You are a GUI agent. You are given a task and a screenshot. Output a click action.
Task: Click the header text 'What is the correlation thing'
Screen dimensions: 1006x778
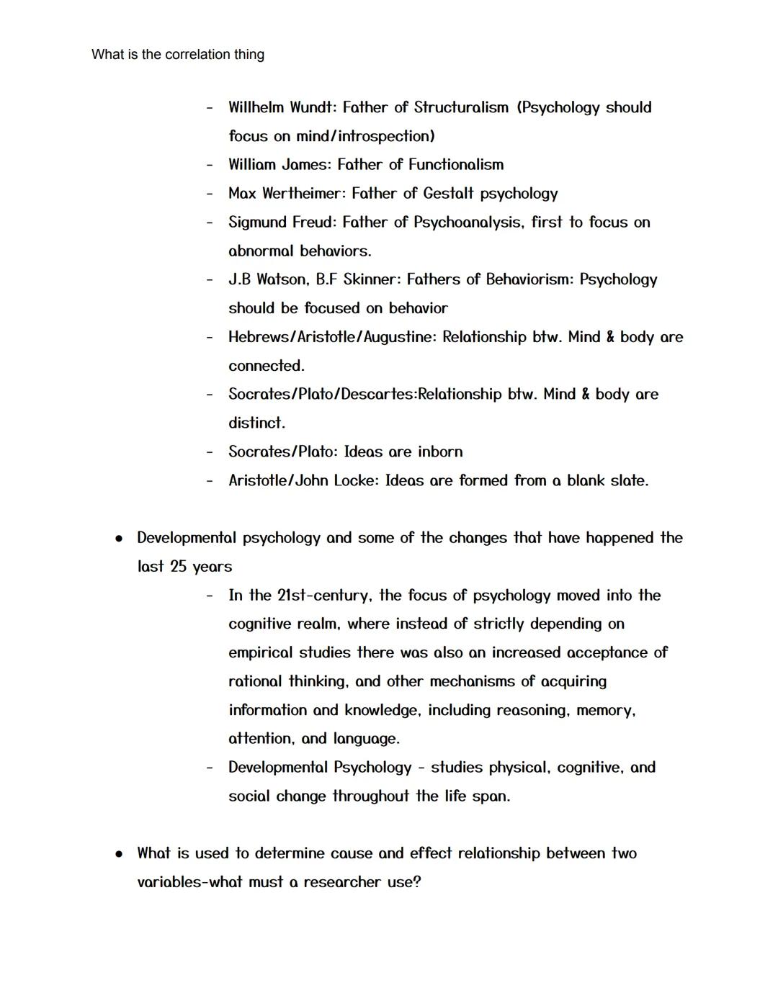[x=178, y=55]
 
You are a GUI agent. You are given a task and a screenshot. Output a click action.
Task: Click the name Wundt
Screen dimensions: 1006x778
[x=313, y=107]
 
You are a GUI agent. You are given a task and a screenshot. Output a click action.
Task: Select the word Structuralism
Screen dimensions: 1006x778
[x=461, y=107]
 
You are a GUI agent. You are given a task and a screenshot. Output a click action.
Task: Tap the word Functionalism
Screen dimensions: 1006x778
[x=456, y=165]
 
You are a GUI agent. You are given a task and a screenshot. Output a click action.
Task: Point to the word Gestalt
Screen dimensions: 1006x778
[x=448, y=194]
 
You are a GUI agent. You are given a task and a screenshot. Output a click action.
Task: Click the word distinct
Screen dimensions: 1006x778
[x=256, y=423]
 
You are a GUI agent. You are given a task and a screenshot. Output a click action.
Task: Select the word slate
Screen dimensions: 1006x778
[x=628, y=480]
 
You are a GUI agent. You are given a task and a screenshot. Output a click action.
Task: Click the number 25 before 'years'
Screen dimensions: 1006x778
[x=179, y=567]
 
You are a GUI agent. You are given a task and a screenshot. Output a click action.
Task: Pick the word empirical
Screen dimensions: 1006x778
[x=261, y=653]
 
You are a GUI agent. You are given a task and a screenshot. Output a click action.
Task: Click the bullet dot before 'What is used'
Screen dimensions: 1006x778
[x=120, y=854]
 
